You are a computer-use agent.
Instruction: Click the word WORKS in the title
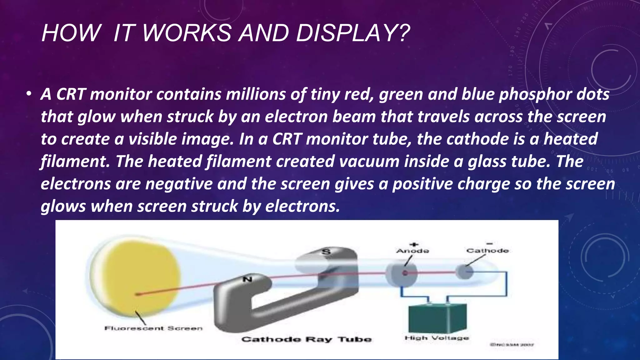coord(187,33)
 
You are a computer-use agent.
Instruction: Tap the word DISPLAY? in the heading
coord(352,33)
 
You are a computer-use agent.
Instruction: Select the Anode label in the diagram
coord(412,251)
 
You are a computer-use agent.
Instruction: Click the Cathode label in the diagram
coord(487,251)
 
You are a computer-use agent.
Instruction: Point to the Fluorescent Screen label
coord(153,328)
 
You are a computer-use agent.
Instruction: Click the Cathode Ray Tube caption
coord(307,339)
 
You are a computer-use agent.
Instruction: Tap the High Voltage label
coord(437,338)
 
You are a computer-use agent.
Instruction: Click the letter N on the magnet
coord(247,279)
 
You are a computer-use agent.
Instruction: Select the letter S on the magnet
coord(326,252)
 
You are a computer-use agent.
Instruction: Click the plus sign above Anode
coord(414,244)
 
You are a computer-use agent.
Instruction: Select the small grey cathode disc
coord(464,272)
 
